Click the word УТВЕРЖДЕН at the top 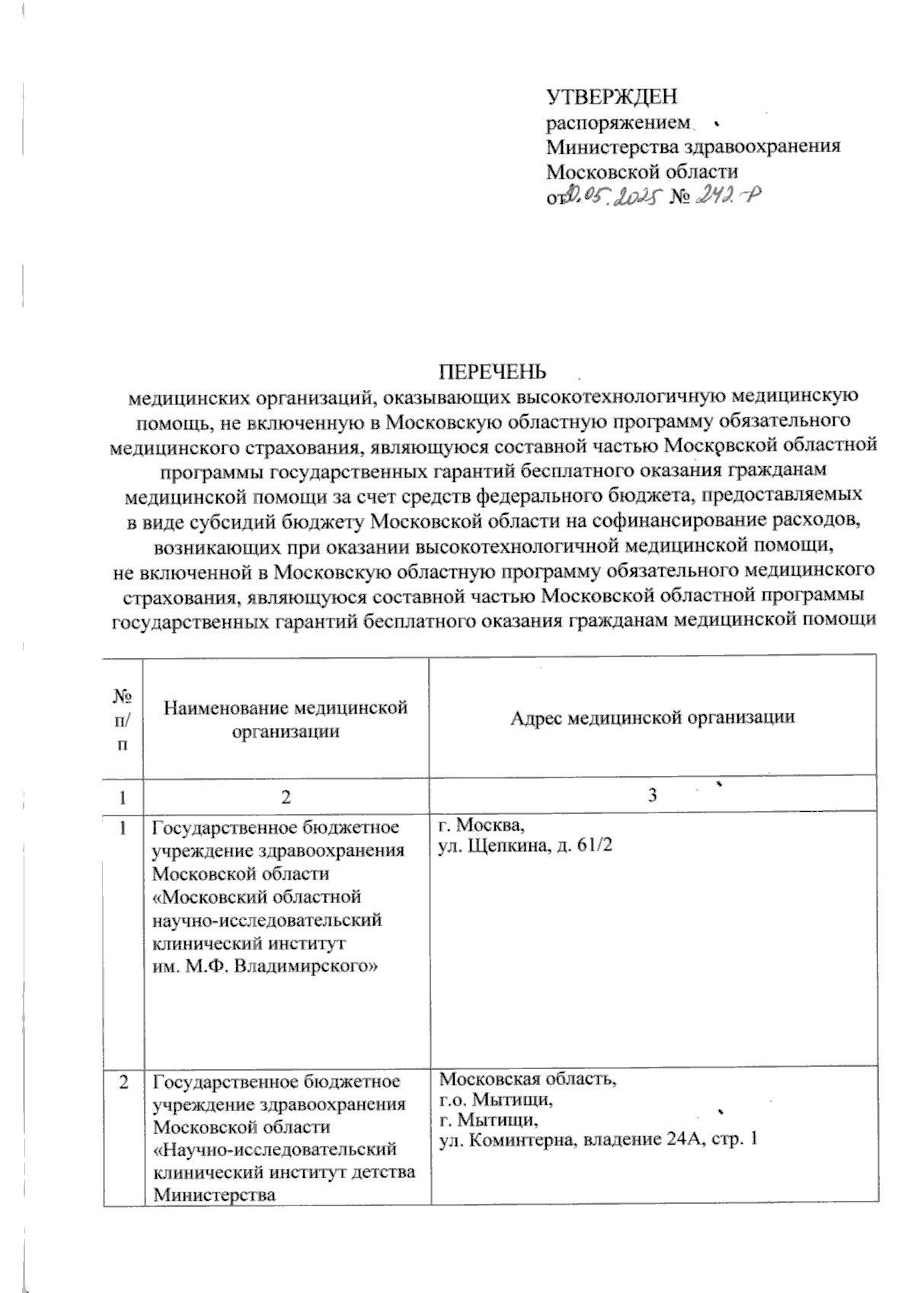(x=612, y=97)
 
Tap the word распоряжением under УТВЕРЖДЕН (x=618, y=123)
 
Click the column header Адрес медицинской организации (x=652, y=717)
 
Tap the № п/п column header (x=123, y=718)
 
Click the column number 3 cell (x=652, y=797)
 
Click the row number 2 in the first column (x=123, y=1081)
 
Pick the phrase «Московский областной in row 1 (x=257, y=896)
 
